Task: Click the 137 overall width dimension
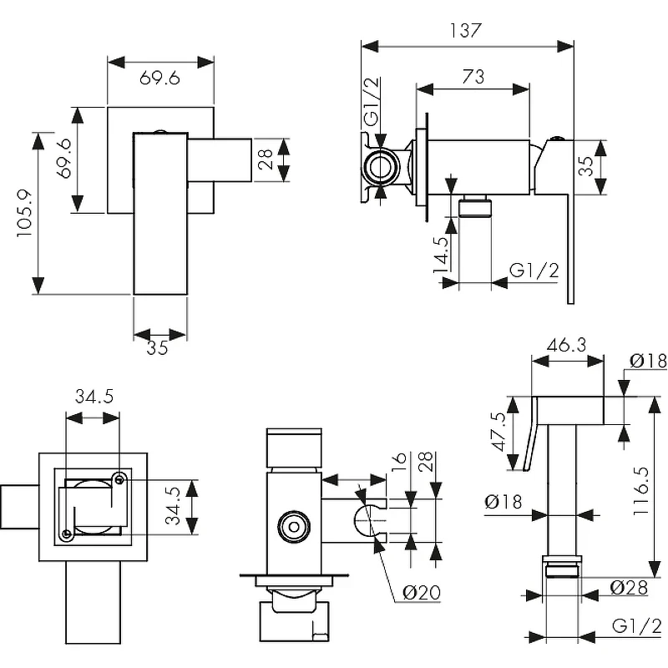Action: tap(466, 31)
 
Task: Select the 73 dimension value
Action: tap(473, 77)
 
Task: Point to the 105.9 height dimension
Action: tap(24, 214)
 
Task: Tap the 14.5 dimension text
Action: tap(441, 255)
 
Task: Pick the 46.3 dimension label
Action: tap(567, 345)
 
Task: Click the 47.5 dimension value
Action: tap(498, 431)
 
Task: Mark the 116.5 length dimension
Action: tap(640, 491)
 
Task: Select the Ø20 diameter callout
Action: tap(422, 592)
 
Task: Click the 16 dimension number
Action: tap(399, 458)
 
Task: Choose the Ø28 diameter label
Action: tap(629, 588)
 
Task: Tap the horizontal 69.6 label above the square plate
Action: tap(159, 78)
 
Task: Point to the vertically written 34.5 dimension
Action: tap(173, 506)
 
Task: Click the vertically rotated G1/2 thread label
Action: tap(372, 101)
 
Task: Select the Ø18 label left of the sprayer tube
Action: tap(504, 502)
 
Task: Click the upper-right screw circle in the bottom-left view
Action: tap(119, 479)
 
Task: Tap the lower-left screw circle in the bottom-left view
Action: tap(66, 534)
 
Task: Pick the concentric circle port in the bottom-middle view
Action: tap(294, 527)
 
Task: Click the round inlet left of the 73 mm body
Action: tap(381, 167)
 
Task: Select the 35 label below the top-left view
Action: tap(157, 348)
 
